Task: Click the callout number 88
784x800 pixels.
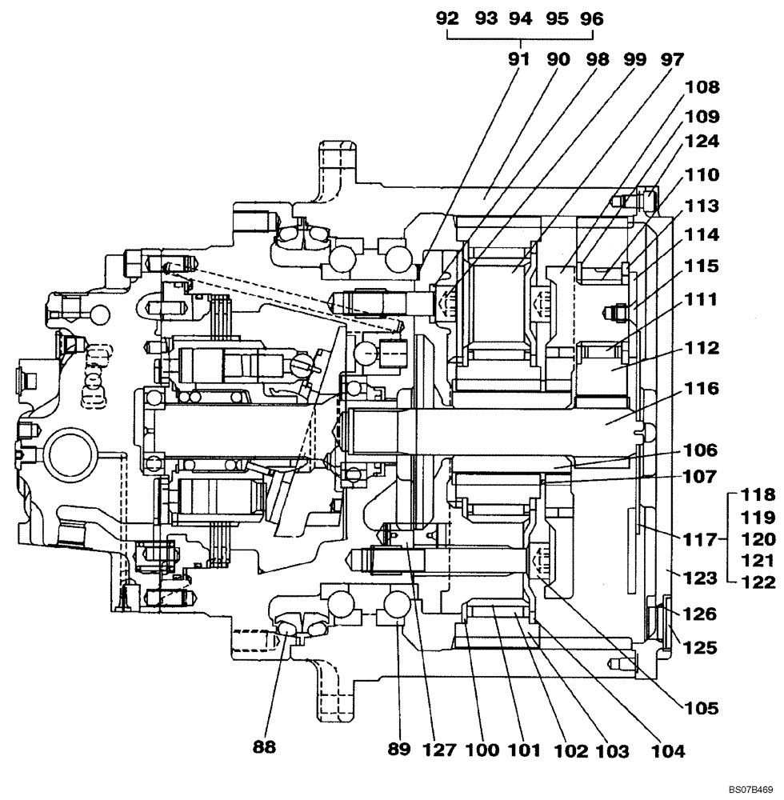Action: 265,748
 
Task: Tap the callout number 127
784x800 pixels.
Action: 440,750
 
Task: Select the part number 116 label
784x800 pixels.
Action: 702,390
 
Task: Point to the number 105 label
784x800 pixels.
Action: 702,708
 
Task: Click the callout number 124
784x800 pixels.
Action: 702,142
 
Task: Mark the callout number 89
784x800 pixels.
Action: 399,750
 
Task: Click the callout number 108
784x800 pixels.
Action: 702,86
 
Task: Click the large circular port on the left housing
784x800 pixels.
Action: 74,453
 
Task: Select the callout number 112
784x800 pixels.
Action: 702,349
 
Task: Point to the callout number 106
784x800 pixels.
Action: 702,450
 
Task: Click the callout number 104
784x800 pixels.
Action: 668,751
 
